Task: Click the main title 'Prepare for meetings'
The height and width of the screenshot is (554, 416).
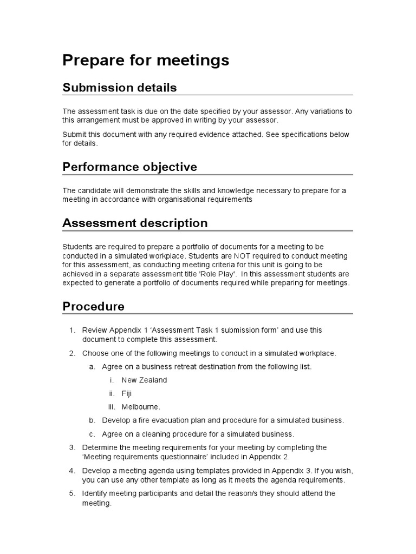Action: click(146, 61)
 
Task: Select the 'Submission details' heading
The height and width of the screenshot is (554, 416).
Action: click(120, 88)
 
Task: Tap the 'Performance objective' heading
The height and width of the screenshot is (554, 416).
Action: click(129, 167)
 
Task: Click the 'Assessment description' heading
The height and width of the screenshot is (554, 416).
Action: click(135, 223)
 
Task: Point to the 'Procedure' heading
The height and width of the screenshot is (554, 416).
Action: click(93, 306)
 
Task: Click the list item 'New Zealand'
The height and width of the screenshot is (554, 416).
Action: click(144, 380)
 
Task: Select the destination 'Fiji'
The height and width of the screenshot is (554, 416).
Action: click(126, 393)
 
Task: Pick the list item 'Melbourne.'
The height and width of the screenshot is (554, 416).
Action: click(141, 407)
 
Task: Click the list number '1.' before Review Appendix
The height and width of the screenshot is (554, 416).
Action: click(72, 330)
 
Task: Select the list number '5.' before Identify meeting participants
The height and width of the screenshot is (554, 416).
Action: click(72, 493)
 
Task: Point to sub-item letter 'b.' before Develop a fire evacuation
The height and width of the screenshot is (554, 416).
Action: click(92, 420)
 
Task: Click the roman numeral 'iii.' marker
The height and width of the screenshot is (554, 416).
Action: click(112, 407)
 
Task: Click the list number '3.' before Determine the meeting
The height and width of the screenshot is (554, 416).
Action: click(72, 447)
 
